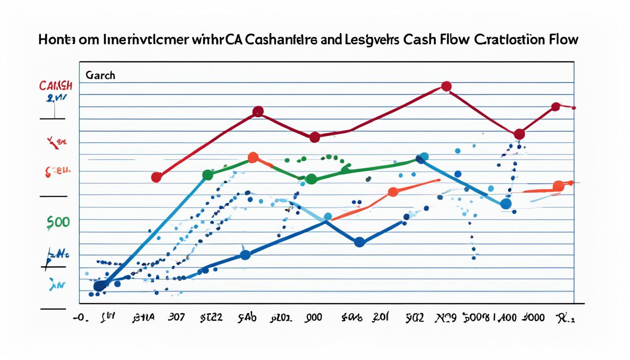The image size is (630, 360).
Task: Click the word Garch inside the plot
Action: click(100, 75)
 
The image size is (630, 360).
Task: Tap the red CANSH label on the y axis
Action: click(55, 86)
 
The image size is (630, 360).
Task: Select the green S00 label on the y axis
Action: click(58, 222)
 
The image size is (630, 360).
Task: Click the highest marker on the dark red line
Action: click(446, 86)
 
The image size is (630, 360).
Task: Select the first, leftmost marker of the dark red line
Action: click(157, 177)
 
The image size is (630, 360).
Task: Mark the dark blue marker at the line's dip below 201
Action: click(360, 242)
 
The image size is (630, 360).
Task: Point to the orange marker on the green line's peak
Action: click(253, 157)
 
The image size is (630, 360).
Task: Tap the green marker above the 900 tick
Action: click(311, 179)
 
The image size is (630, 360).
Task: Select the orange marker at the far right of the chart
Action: click(558, 186)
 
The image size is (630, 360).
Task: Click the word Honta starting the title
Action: click(57, 39)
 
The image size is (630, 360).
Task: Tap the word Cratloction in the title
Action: click(508, 39)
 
